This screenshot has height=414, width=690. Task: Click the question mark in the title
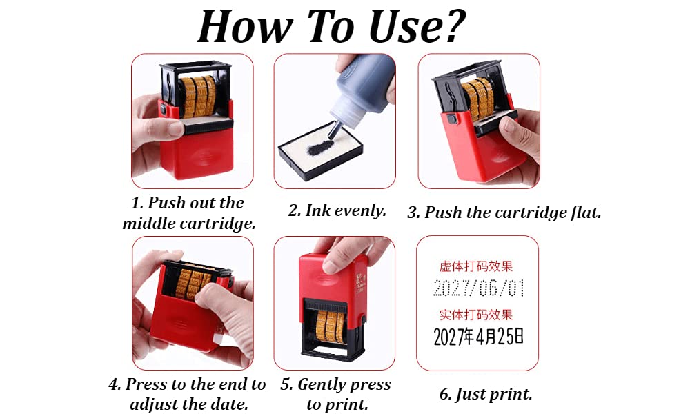point(450,26)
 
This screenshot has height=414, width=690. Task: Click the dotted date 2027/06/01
point(478,288)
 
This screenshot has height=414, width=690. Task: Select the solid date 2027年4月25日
point(478,337)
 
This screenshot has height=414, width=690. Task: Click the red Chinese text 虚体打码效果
point(476,266)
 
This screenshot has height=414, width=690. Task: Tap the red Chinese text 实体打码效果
point(476,315)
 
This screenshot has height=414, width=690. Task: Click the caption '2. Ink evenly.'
point(337,210)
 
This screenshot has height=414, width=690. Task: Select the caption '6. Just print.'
point(486,394)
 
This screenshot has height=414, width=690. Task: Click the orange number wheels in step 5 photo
point(330,326)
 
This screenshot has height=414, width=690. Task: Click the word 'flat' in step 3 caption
point(586,213)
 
